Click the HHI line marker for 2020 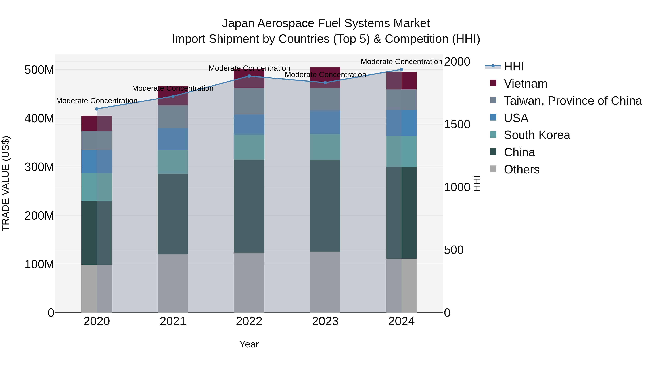[x=97, y=109]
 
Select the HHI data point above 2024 [x=401, y=69]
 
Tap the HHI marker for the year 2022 [x=249, y=76]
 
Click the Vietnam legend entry [x=525, y=84]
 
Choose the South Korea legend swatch [x=493, y=134]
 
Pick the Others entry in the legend [x=521, y=169]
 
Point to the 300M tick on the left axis [x=39, y=167]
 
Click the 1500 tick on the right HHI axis [x=457, y=124]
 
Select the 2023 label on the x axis [x=325, y=321]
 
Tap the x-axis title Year [x=249, y=344]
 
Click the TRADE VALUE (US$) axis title [x=6, y=183]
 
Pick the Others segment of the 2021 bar [x=173, y=283]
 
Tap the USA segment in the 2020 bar [x=97, y=161]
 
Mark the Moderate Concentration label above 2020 [x=97, y=101]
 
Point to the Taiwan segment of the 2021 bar [x=173, y=117]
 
